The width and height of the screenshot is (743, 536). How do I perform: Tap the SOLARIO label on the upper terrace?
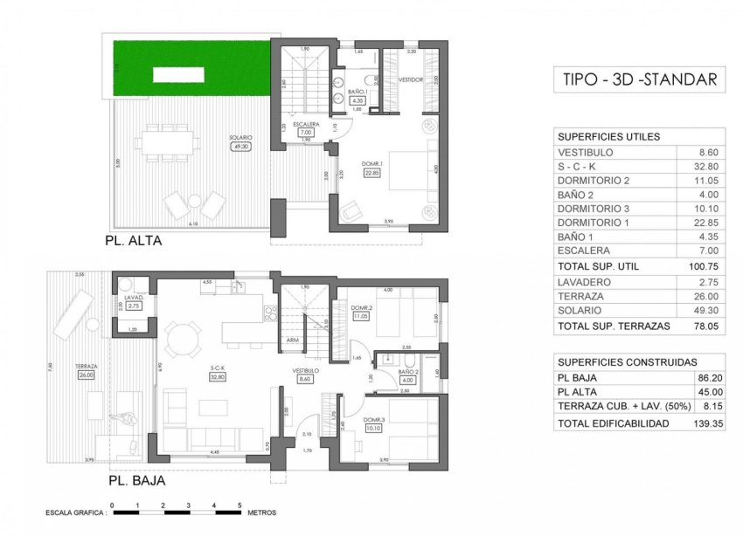click(x=242, y=138)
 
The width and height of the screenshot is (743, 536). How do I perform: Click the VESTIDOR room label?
click(x=411, y=79)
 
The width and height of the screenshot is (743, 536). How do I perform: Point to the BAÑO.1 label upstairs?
click(x=357, y=92)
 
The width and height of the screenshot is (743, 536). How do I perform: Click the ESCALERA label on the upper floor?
click(x=306, y=124)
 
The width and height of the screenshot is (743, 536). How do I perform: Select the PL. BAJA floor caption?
click(x=136, y=480)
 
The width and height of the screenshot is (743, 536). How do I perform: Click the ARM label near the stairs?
click(x=292, y=340)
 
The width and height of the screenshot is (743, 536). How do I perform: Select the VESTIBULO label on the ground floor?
click(x=304, y=371)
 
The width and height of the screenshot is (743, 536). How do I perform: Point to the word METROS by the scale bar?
click(x=263, y=513)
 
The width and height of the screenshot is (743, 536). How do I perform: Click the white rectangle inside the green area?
click(x=178, y=75)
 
